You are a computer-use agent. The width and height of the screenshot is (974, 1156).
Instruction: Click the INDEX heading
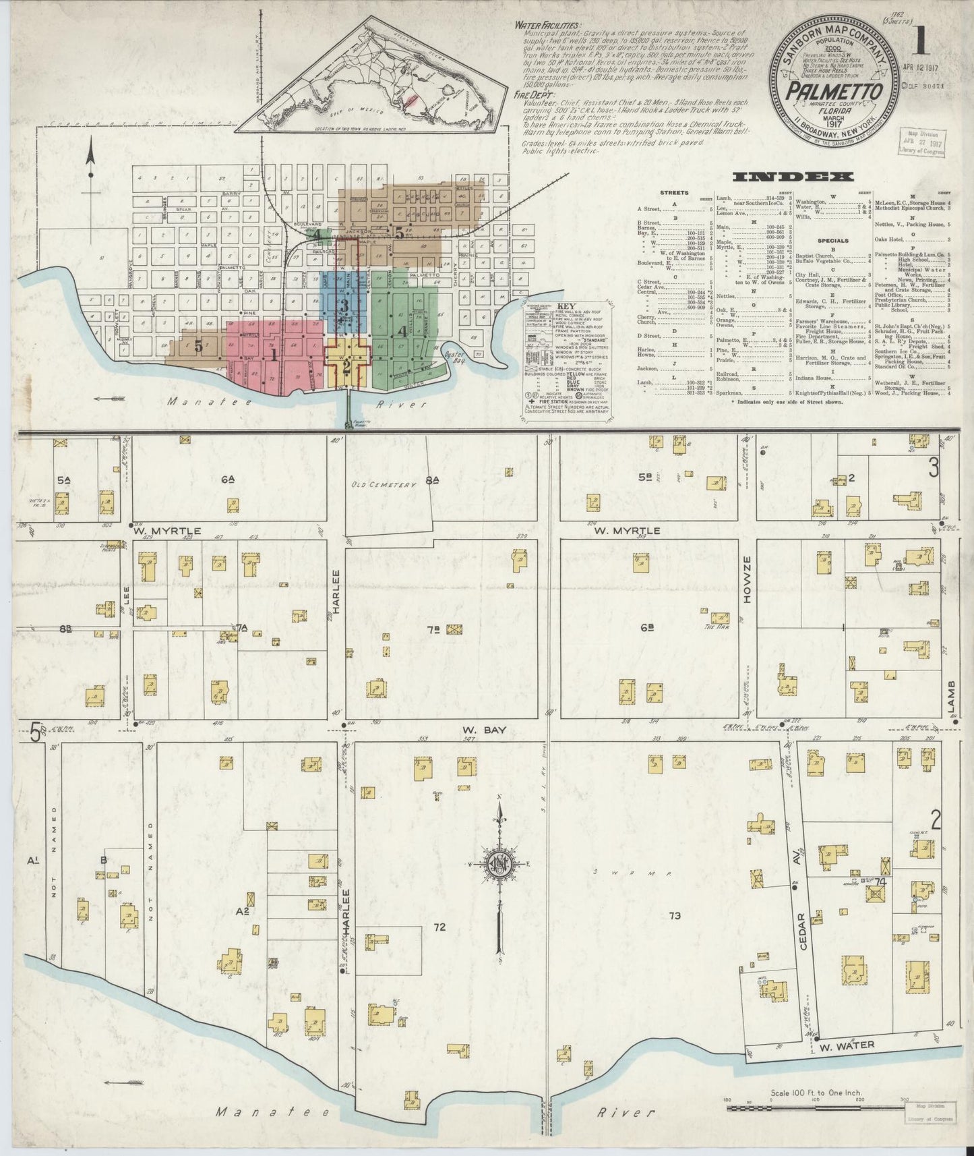coord(793,177)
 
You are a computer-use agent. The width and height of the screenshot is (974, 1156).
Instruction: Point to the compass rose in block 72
coord(499,864)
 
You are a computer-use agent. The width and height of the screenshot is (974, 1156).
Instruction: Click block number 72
coord(439,927)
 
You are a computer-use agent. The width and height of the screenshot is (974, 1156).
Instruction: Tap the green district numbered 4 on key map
coord(402,331)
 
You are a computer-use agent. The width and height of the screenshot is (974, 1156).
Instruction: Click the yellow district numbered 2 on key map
coord(346,367)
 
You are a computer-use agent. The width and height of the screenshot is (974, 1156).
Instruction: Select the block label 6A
coord(227,480)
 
